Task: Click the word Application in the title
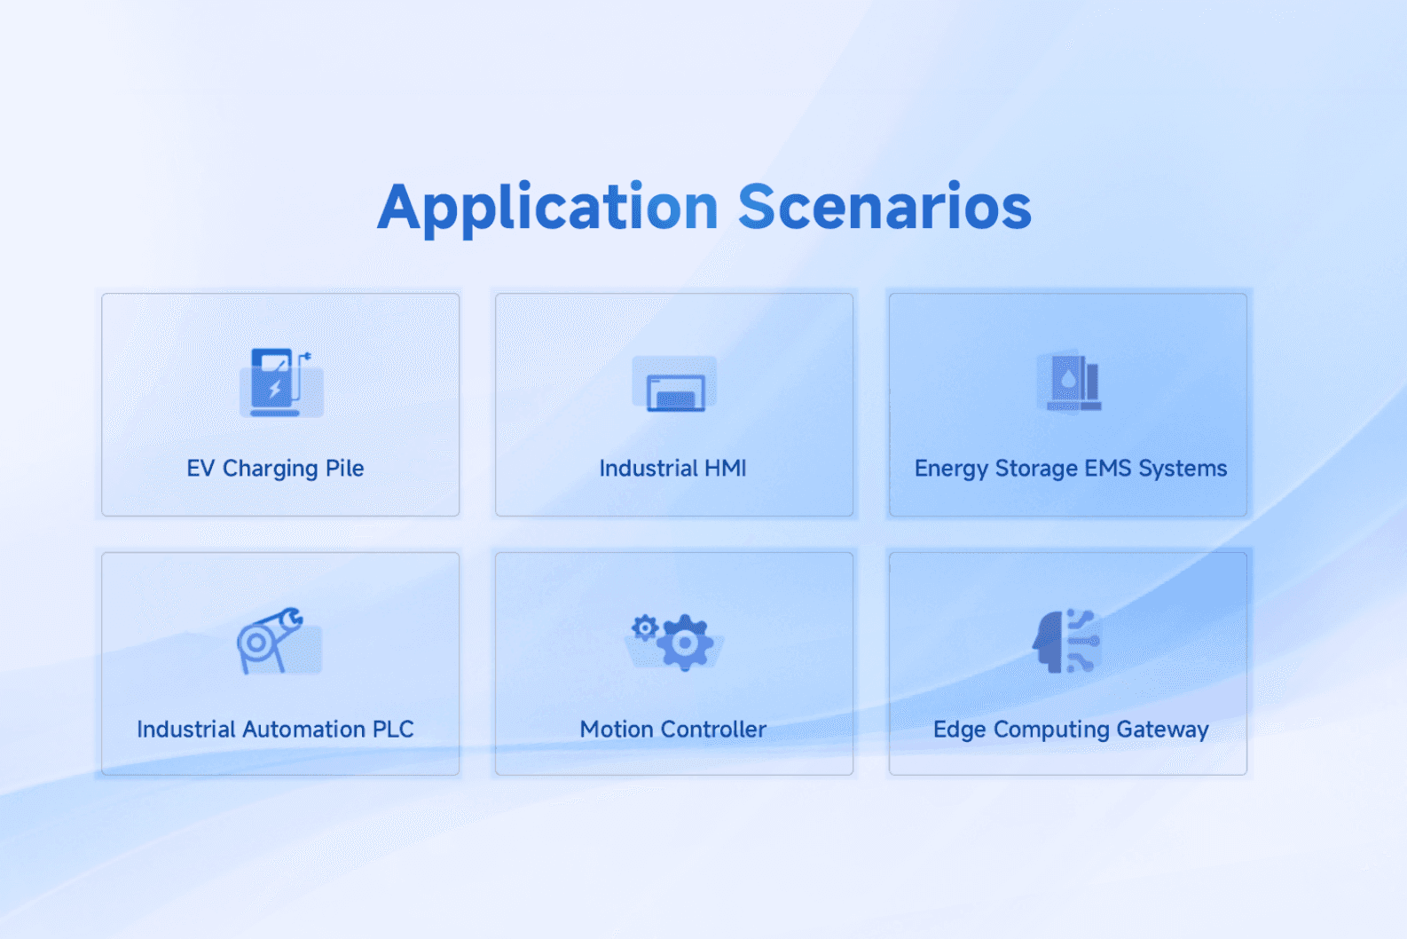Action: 547,209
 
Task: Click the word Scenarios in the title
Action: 884,206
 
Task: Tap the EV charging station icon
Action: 280,383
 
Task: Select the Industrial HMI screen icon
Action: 674,384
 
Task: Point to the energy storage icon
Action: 1069,383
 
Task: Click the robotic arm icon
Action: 279,641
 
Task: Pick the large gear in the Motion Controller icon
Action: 685,643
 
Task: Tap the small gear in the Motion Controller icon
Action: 644,627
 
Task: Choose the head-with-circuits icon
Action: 1066,641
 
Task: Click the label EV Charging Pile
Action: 275,469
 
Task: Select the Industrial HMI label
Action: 672,469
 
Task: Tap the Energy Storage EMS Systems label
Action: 1070,469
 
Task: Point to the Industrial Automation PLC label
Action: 275,729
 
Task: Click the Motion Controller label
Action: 672,729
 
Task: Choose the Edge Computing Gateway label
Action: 1070,730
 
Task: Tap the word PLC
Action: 393,729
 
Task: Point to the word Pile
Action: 344,469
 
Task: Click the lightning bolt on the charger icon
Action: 274,390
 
